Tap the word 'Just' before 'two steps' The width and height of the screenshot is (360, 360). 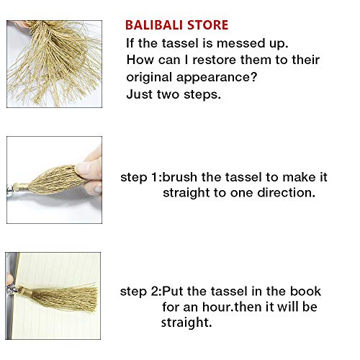click(138, 94)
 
